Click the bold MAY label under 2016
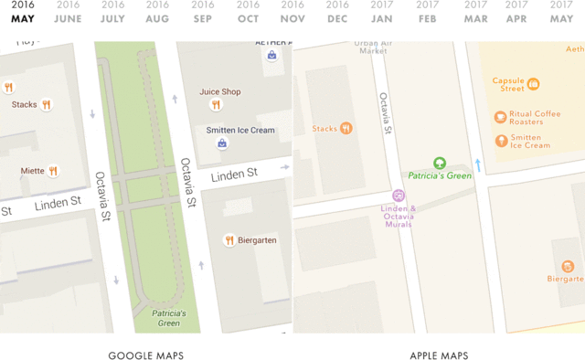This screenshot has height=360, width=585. click(x=23, y=18)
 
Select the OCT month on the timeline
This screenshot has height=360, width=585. click(x=248, y=18)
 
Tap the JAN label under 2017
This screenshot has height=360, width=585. click(x=382, y=18)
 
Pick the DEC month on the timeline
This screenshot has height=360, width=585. click(x=337, y=18)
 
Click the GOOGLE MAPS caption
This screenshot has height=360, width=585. click(x=146, y=355)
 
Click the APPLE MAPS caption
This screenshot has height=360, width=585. click(x=439, y=355)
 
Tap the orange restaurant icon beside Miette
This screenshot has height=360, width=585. click(x=54, y=171)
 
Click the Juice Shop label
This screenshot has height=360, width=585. click(x=220, y=91)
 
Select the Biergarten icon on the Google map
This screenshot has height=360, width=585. click(x=229, y=240)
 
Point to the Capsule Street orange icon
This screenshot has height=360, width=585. click(x=533, y=84)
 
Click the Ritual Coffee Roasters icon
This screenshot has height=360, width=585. click(x=501, y=117)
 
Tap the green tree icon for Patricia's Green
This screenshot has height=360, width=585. click(x=439, y=163)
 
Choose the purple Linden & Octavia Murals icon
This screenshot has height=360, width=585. click(x=399, y=195)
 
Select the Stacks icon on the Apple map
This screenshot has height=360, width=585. click(x=346, y=129)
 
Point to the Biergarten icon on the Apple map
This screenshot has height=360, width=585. click(x=568, y=267)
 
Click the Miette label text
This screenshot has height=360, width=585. click(x=32, y=171)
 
